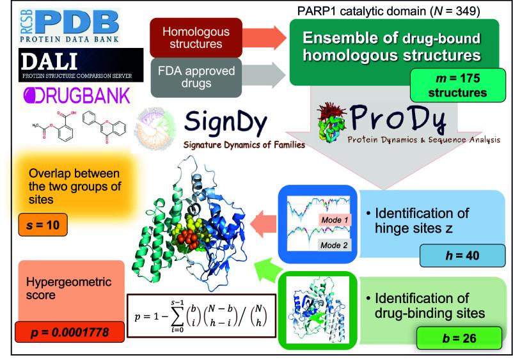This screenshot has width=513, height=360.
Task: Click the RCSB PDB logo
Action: (65, 25)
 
